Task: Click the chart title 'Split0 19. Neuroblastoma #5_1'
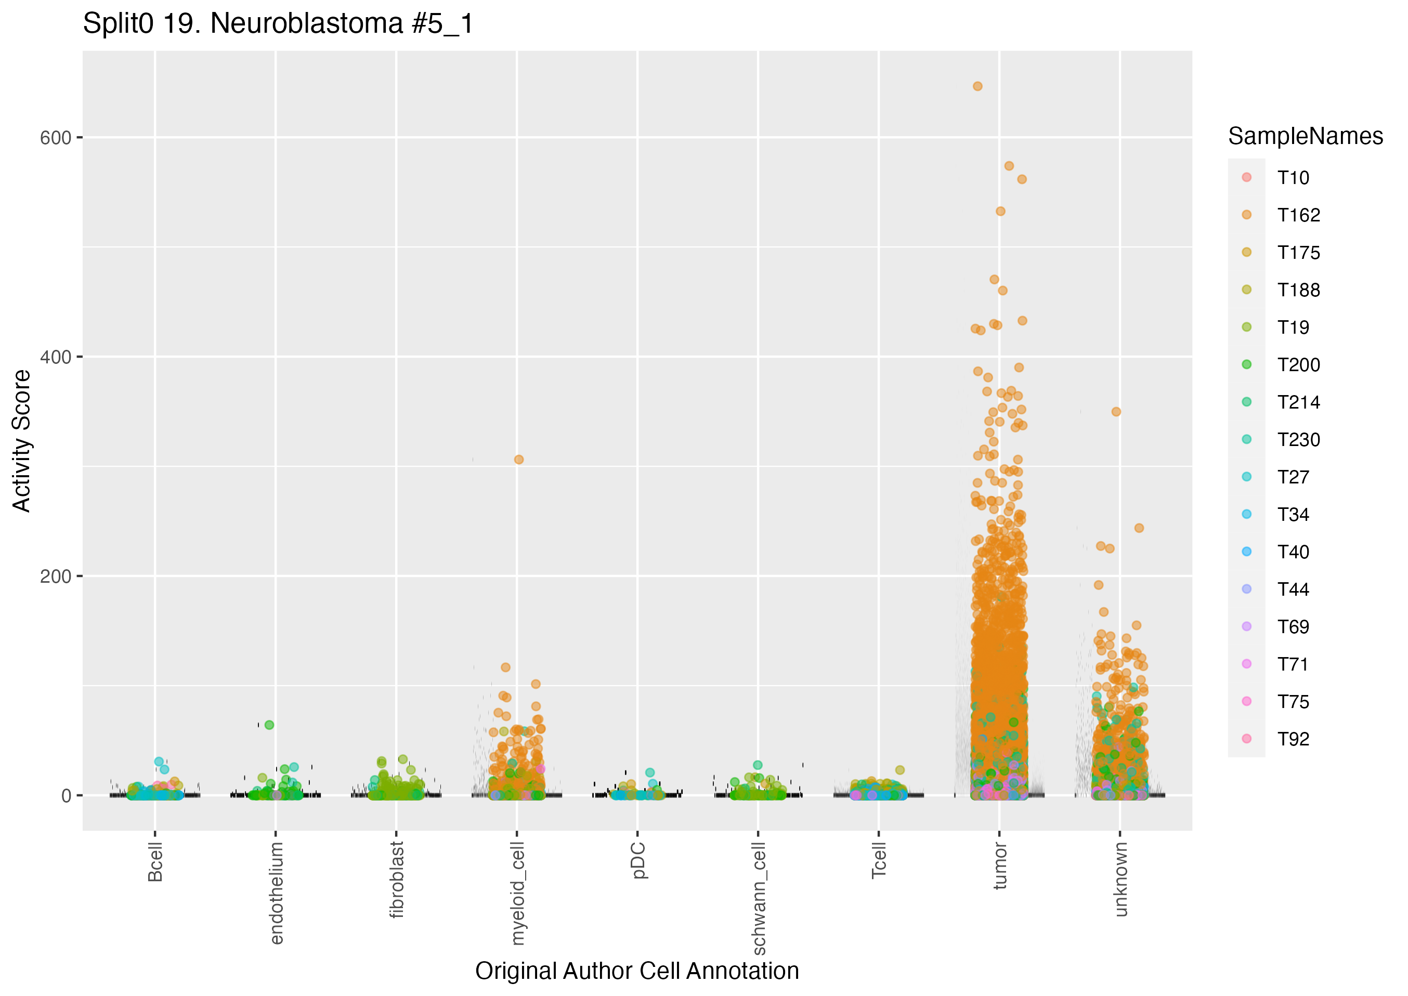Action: (278, 24)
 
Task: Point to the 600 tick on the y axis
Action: (56, 138)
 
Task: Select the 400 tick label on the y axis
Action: (56, 357)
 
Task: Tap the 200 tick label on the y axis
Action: (56, 576)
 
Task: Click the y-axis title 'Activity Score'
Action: (21, 440)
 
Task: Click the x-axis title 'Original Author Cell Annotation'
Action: (636, 971)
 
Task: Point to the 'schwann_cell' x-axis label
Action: (759, 898)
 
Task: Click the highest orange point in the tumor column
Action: (977, 86)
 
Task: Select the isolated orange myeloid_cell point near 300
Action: (519, 460)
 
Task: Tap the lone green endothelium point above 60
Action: (269, 725)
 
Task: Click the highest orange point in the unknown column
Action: (1116, 412)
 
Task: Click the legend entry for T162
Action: (1298, 215)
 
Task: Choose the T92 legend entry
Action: (1293, 739)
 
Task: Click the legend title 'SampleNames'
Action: (1305, 136)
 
